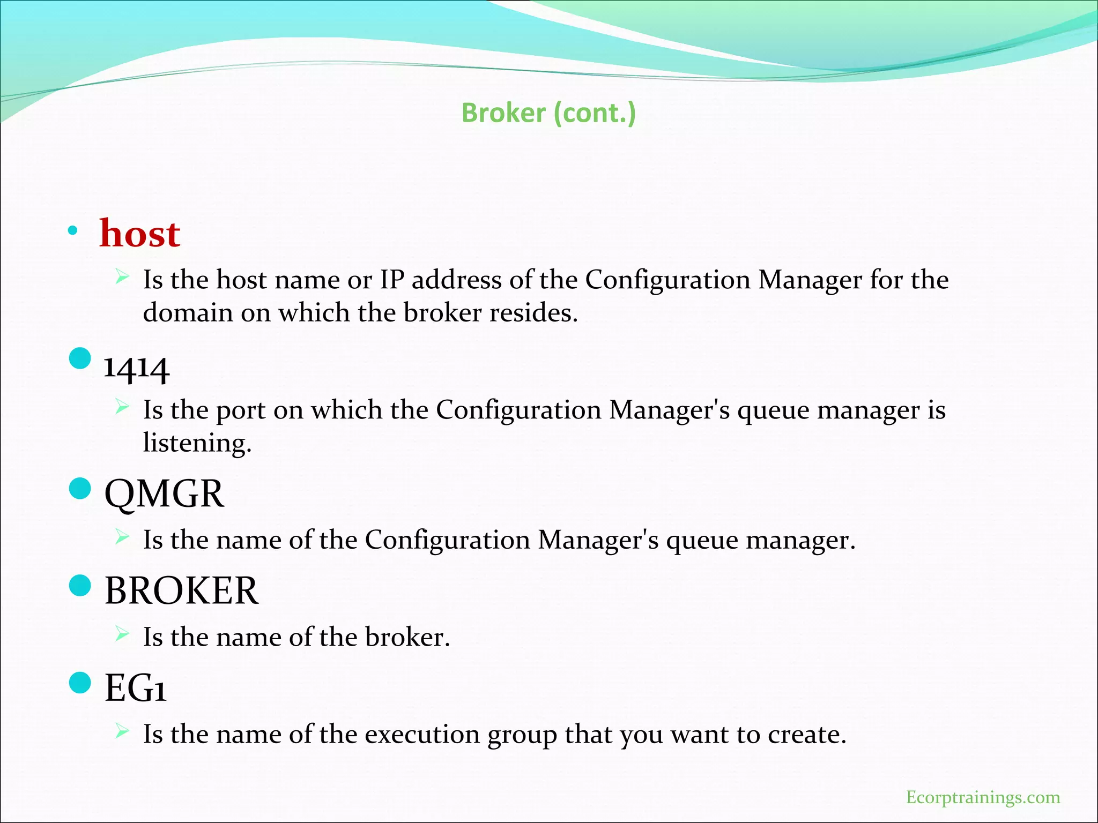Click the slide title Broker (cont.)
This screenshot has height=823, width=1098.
[x=548, y=113]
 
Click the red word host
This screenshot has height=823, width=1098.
[x=140, y=234]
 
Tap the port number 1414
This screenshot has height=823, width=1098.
[x=137, y=369]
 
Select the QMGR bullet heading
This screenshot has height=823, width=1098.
[x=164, y=494]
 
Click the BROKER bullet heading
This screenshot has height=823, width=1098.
[x=181, y=591]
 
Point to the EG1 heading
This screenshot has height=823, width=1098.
[x=135, y=688]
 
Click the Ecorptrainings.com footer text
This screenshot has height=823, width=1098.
[x=983, y=797]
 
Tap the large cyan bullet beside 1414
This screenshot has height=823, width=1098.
[x=80, y=358]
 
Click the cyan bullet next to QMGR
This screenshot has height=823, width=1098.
[x=80, y=489]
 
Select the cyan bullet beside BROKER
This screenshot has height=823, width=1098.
[x=80, y=586]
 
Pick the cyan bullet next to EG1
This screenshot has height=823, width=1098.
[x=80, y=683]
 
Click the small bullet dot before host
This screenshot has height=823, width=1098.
[x=73, y=231]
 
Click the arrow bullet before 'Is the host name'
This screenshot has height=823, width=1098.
[x=122, y=277]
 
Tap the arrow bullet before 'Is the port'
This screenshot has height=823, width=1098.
[x=122, y=407]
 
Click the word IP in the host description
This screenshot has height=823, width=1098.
[x=392, y=280]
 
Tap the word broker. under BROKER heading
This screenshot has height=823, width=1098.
[x=407, y=638]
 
